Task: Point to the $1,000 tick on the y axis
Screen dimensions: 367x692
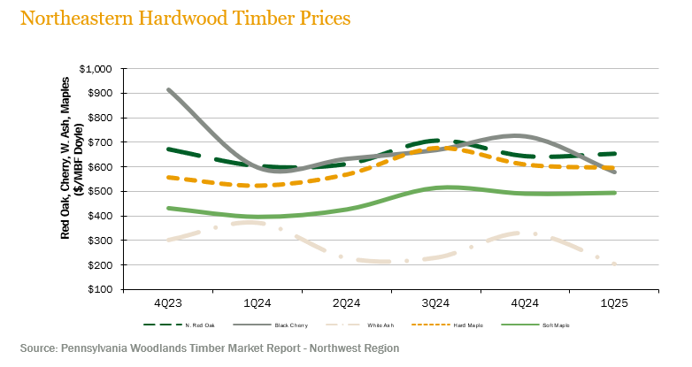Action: [96, 69]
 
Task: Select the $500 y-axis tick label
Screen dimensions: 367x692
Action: [101, 191]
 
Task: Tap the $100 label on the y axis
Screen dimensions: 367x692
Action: [101, 289]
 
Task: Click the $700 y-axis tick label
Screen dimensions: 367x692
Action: [101, 142]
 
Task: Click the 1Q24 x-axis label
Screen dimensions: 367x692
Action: [257, 302]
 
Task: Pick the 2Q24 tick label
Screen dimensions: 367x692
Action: [346, 302]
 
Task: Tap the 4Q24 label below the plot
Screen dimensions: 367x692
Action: [526, 302]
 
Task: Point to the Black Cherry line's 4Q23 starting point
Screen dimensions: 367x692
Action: [167, 89]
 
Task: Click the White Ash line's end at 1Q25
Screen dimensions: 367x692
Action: [614, 264]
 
